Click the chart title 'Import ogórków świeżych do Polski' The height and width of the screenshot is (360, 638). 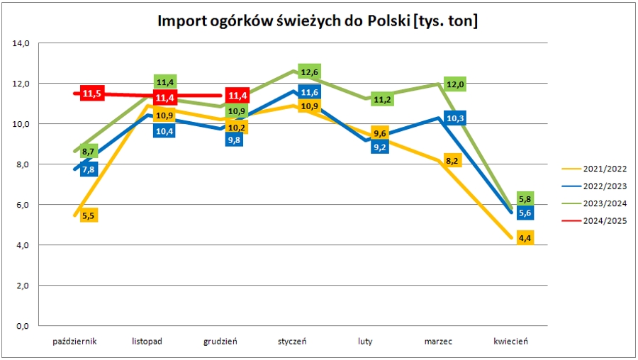(x=318, y=22)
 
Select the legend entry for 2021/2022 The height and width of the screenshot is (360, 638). (x=603, y=169)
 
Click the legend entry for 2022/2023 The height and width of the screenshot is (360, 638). (x=603, y=186)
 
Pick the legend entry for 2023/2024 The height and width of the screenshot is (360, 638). (x=603, y=203)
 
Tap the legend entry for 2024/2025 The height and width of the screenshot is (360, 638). (x=603, y=220)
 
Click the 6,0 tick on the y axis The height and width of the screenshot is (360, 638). (x=21, y=205)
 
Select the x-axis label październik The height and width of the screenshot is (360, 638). (x=74, y=342)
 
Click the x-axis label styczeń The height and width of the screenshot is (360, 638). (x=292, y=342)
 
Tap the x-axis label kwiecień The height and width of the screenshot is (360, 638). (x=510, y=342)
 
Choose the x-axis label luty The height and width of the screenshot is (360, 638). (x=365, y=342)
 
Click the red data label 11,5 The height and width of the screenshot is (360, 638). (x=92, y=94)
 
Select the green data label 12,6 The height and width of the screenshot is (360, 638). (x=309, y=72)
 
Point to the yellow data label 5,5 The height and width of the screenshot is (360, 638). (x=89, y=215)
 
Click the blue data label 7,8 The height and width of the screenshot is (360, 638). (x=89, y=170)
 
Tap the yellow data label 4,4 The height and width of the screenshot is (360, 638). (x=525, y=238)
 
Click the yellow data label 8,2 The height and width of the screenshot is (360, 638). (x=452, y=161)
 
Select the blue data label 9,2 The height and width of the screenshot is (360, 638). (x=379, y=147)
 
